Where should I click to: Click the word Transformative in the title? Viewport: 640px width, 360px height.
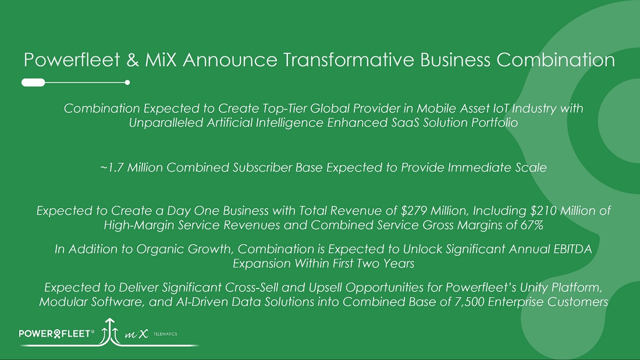(349, 60)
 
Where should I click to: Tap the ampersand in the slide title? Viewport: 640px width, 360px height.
(133, 60)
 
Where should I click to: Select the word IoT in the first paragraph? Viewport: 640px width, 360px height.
(500, 108)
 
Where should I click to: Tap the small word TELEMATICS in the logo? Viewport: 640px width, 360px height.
(165, 334)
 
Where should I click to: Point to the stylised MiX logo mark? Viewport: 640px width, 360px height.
(136, 334)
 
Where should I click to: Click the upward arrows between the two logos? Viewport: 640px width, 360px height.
(110, 330)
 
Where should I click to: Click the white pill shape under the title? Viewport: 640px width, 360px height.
(33, 83)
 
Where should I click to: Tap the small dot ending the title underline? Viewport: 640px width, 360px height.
(127, 83)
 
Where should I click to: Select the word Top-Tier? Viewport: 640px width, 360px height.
(284, 108)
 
